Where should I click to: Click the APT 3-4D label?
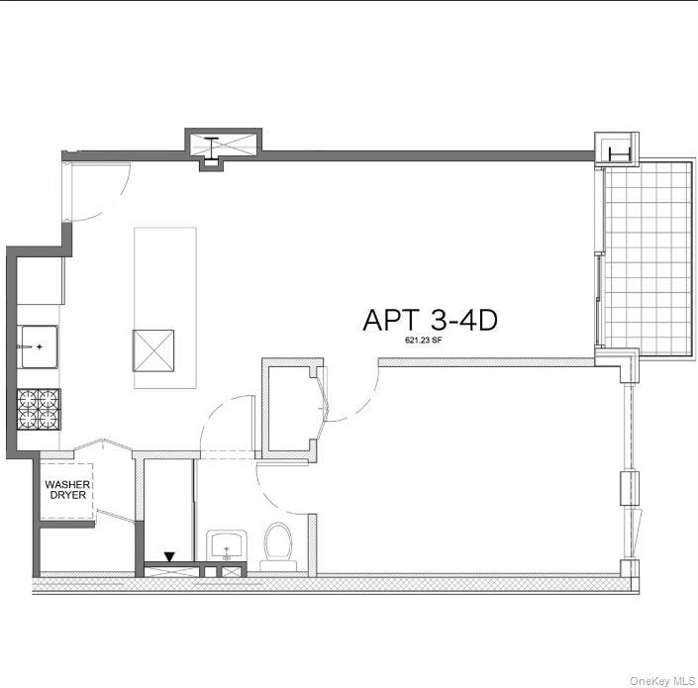click(x=429, y=320)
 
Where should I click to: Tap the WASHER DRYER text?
click(x=65, y=489)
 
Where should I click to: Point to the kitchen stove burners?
click(x=39, y=408)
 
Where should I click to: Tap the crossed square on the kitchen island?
click(x=153, y=350)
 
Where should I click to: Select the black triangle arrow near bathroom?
click(x=170, y=557)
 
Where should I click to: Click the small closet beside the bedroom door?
click(x=289, y=408)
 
